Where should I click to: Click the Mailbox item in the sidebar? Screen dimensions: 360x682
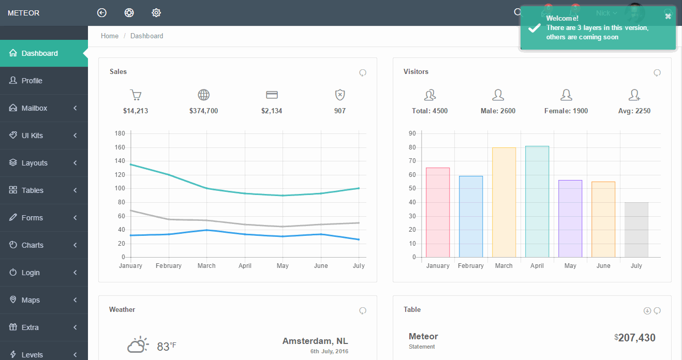(34, 108)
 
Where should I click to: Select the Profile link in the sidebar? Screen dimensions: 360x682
(32, 81)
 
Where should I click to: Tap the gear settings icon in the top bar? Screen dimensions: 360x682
(156, 13)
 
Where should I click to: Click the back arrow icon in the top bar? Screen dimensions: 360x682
(102, 13)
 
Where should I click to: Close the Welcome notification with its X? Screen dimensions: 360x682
(668, 16)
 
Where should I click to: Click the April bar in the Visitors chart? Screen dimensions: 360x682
(537, 201)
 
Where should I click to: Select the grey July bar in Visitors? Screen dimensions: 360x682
(636, 230)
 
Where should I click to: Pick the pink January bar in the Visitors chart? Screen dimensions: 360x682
(438, 212)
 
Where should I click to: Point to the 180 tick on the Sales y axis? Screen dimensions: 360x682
(120, 133)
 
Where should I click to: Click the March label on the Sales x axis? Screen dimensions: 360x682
(206, 266)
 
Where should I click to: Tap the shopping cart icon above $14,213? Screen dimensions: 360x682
(136, 95)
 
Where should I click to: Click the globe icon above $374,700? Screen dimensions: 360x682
(203, 95)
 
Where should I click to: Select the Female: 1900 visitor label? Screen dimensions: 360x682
(566, 111)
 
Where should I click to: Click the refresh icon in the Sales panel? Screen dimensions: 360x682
(363, 73)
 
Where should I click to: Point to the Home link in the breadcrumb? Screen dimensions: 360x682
(110, 36)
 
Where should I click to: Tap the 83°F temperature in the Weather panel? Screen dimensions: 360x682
(166, 346)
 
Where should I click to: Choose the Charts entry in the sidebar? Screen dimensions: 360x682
(32, 245)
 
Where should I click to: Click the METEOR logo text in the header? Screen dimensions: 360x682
(24, 13)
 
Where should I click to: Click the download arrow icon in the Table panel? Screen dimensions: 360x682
(647, 311)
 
